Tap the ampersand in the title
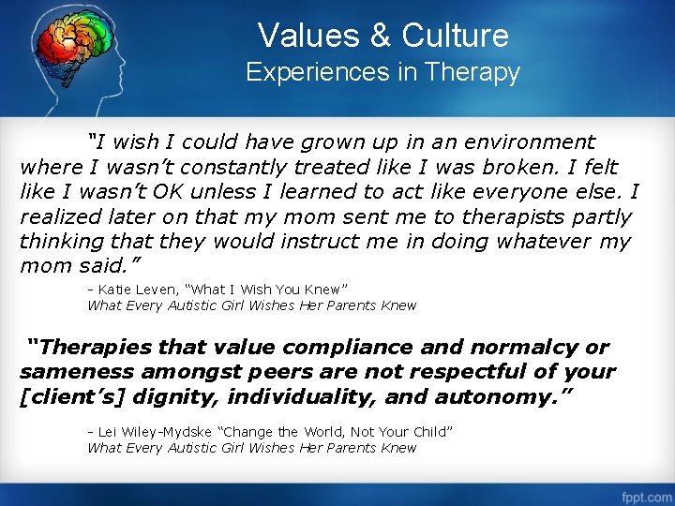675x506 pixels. [381, 36]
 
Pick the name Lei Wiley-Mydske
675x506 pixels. [154, 432]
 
